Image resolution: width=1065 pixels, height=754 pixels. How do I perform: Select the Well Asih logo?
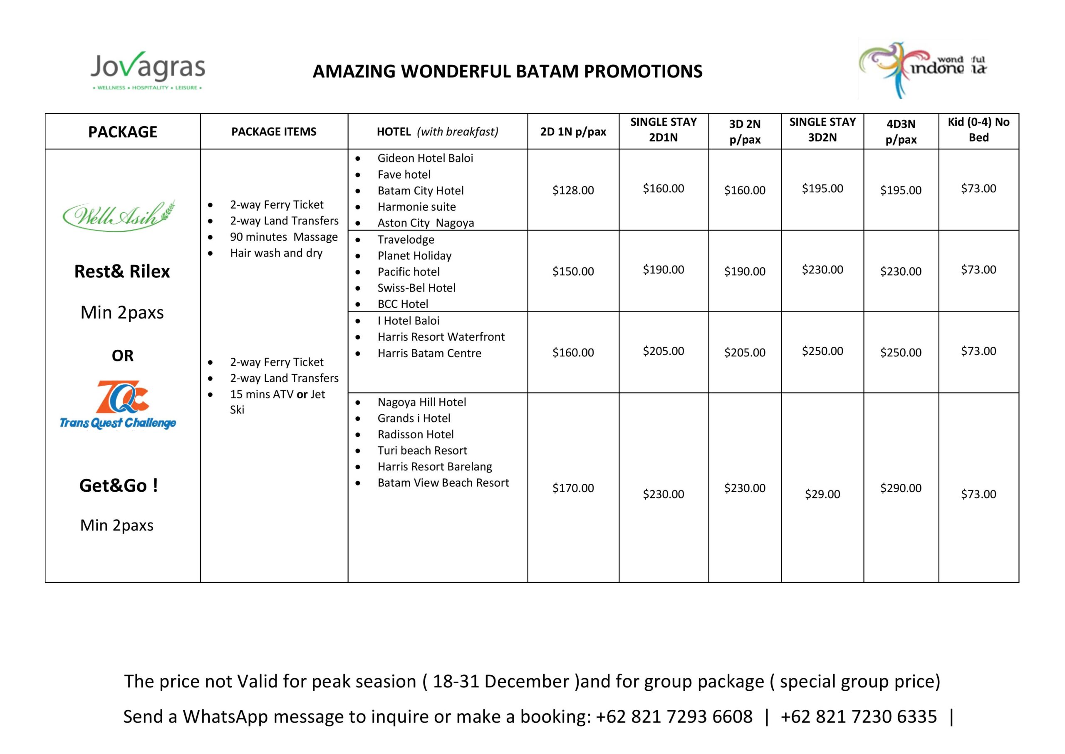point(119,216)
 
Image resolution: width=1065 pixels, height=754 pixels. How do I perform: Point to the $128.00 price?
point(573,190)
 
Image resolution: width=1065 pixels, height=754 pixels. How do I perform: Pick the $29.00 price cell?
point(822,494)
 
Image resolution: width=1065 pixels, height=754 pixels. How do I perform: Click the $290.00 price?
point(901,488)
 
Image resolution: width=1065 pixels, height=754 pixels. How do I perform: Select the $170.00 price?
point(573,488)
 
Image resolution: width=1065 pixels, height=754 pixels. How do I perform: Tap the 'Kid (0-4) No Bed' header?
point(979,129)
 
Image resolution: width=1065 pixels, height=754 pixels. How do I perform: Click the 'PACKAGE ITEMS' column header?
point(274,132)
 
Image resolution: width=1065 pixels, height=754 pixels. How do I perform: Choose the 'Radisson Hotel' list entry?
point(416,434)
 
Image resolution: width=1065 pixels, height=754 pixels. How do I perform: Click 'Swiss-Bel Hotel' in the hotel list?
point(416,288)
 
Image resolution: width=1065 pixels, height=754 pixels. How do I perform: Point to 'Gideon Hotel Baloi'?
point(425,158)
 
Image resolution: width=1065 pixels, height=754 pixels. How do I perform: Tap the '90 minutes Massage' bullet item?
point(284,237)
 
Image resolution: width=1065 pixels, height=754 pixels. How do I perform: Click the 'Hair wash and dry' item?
point(276,253)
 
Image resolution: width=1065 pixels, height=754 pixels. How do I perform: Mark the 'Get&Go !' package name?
point(119,485)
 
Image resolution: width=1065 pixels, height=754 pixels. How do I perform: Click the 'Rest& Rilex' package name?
point(122,271)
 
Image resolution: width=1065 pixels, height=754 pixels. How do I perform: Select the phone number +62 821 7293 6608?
point(674,717)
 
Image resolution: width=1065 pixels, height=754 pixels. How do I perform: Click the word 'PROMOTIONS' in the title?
point(643,71)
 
